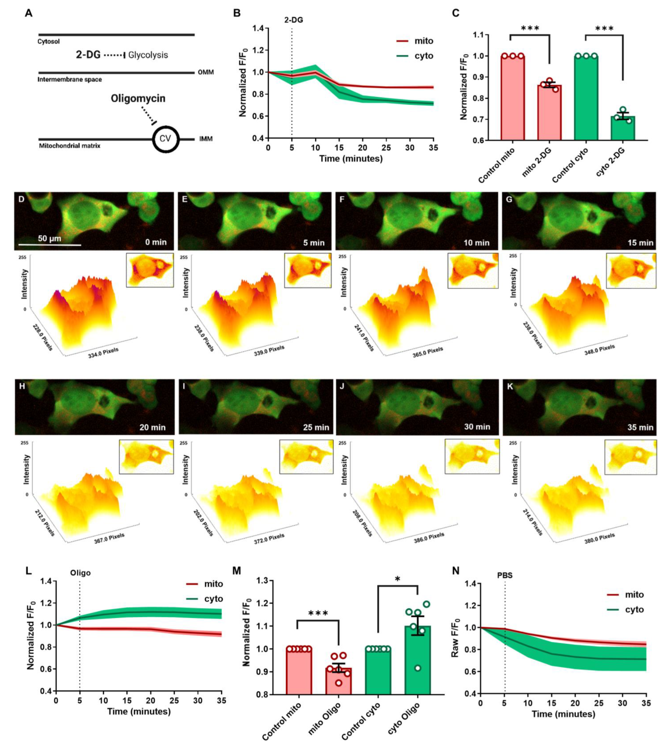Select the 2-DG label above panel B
pos(293,20)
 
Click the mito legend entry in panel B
pos(423,41)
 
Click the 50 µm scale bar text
pos(50,238)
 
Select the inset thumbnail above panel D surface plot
pos(150,270)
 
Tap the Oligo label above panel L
pos(80,573)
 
